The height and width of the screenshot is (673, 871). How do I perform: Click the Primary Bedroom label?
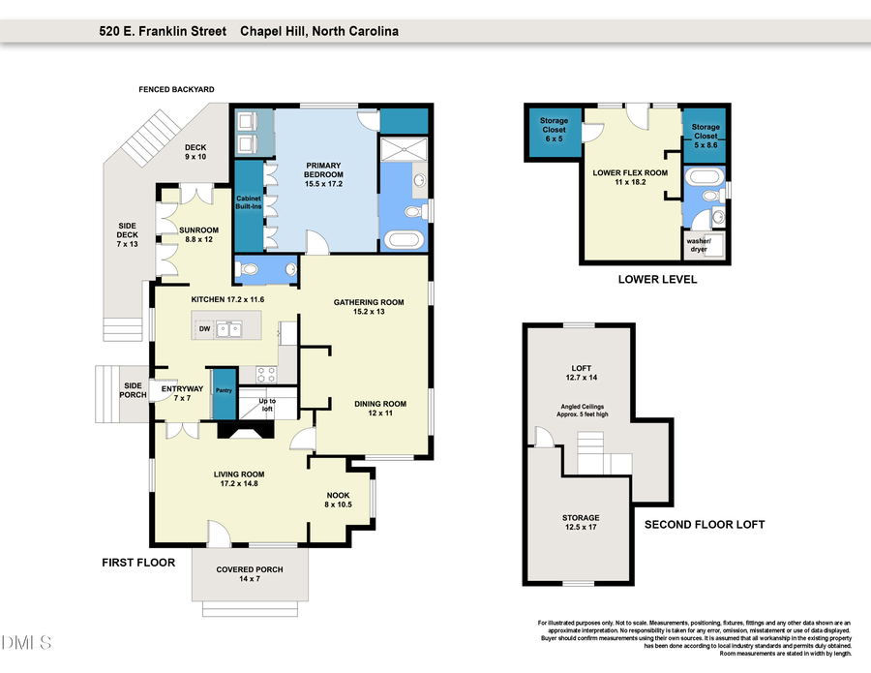point(324,169)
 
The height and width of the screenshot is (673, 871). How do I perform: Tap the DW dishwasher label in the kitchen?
point(204,329)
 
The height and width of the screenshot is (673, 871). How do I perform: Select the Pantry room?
point(224,390)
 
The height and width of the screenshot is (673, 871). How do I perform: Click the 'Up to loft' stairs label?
point(265,405)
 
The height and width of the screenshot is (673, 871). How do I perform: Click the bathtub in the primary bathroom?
point(403,239)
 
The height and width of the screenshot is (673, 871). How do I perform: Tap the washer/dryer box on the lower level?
point(697,244)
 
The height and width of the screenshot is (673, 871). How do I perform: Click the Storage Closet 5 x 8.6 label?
point(705,133)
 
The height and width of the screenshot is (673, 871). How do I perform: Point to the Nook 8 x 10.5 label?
point(338,499)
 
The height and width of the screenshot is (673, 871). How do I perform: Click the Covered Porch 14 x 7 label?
point(250,573)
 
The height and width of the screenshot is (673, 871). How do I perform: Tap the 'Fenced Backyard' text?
point(177,89)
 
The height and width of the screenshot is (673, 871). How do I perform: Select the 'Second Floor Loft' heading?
point(705,524)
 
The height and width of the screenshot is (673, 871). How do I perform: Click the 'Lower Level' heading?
point(657,279)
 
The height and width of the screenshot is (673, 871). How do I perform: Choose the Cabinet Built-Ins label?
point(249,202)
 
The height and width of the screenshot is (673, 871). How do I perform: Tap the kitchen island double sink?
point(229,329)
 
